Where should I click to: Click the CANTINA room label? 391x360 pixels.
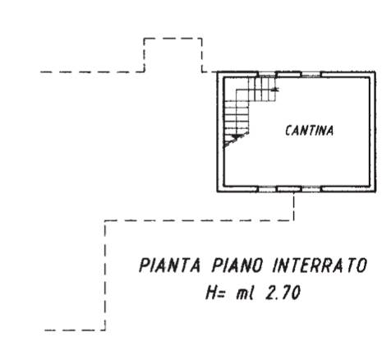tap(310, 131)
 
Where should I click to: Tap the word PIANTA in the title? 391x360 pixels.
tap(170, 265)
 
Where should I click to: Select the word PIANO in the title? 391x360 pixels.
tap(237, 265)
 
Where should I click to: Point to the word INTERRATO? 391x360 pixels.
tap(320, 265)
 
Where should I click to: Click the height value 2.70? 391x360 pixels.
tap(283, 293)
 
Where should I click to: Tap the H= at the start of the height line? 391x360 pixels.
tap(215, 293)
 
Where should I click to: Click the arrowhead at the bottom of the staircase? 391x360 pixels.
tap(235, 136)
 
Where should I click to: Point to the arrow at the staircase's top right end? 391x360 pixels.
tap(276, 89)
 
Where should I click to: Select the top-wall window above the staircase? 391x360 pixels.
tap(267, 74)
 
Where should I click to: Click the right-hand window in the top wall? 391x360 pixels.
tap(310, 74)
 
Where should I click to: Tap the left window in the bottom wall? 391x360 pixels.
tap(267, 189)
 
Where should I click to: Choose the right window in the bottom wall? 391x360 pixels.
tap(310, 189)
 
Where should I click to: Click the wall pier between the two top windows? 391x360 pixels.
tap(288, 74)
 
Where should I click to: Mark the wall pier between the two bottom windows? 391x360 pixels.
tap(288, 189)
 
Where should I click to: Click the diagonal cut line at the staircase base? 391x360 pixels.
tap(237, 140)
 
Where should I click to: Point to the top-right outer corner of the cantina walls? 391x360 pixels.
tap(375, 72)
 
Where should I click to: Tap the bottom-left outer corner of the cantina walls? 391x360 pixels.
tap(217, 192)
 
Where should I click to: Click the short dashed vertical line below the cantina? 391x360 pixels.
tap(294, 206)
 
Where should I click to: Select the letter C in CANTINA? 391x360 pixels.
tap(288, 131)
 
